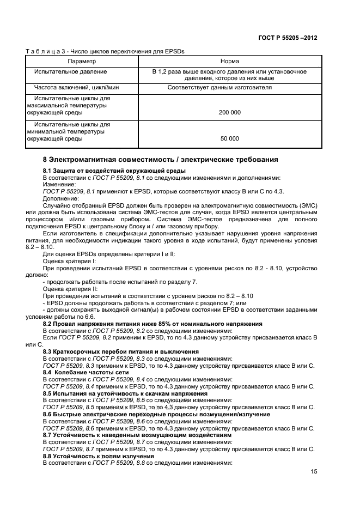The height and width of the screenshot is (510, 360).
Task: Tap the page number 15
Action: (x=314, y=472)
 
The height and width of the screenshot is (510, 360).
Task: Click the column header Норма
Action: (x=229, y=62)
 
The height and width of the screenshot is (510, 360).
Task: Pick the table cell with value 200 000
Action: (x=229, y=112)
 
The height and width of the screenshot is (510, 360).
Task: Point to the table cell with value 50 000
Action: (x=229, y=138)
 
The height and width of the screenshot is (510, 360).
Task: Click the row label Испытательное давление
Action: (x=70, y=71)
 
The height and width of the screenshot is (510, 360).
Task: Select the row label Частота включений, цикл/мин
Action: (x=76, y=87)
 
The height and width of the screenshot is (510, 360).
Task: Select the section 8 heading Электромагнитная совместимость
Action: (x=160, y=160)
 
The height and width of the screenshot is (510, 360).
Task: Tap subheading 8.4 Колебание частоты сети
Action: (x=86, y=372)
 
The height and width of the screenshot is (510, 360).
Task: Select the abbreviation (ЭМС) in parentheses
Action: (x=307, y=205)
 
